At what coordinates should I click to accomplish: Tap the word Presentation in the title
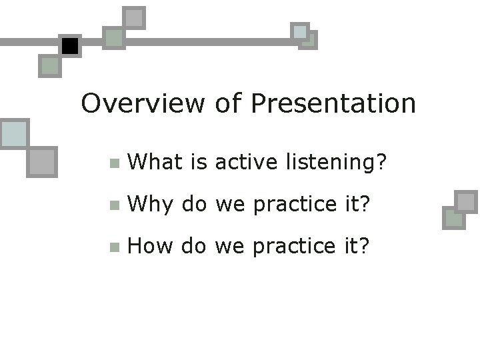pyautogui.click(x=333, y=103)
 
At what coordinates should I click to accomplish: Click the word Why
pyautogui.click(x=151, y=204)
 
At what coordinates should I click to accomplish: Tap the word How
pyautogui.click(x=151, y=247)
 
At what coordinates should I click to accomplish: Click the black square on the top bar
pyautogui.click(x=69, y=46)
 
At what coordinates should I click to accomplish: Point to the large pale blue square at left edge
pyautogui.click(x=13, y=134)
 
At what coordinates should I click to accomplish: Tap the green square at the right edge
pyautogui.click(x=453, y=218)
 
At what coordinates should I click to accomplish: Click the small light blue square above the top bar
pyautogui.click(x=300, y=31)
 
